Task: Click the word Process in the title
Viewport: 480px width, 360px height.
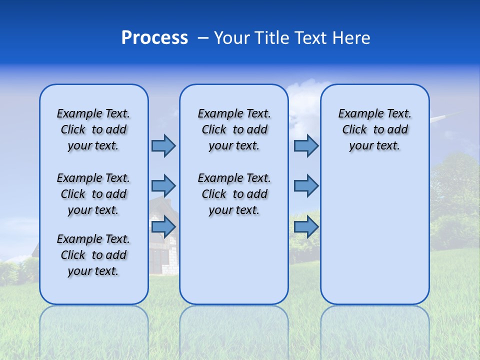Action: point(154,38)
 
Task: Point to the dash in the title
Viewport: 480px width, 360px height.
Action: point(203,38)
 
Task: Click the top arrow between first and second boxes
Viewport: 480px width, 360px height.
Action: point(163,145)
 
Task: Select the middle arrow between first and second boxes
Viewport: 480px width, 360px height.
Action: point(163,186)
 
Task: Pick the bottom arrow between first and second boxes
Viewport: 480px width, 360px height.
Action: point(163,227)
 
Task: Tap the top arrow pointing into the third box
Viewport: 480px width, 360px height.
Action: point(306,145)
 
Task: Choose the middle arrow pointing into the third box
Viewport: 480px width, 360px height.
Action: point(306,186)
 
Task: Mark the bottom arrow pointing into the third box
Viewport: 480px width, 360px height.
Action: point(306,227)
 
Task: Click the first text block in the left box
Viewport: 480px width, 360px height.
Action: point(93,129)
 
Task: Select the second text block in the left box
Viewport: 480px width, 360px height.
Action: point(93,194)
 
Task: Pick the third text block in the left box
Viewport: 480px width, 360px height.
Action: point(93,255)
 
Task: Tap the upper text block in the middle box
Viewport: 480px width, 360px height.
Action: point(234,129)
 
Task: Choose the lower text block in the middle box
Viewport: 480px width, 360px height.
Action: point(234,194)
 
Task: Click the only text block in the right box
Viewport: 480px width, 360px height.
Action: point(374,129)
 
